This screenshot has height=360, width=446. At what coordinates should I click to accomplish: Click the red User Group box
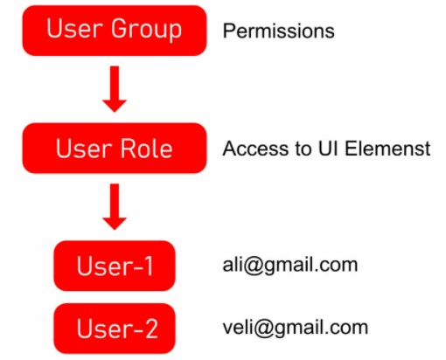115,31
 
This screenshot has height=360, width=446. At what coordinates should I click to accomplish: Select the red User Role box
115,149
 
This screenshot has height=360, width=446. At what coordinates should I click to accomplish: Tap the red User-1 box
115,266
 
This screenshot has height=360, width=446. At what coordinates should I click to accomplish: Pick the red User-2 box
115,329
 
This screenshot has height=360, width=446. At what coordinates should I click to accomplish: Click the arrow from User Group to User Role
115,89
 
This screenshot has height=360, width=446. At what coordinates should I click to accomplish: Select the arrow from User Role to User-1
115,207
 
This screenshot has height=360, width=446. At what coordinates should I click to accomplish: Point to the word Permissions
278,31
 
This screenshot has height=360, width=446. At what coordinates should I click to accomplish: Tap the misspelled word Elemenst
387,149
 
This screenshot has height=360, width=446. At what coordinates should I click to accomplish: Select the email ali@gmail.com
290,266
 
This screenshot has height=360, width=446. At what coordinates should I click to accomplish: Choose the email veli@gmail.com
296,328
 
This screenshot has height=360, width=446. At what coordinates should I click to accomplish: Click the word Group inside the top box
146,29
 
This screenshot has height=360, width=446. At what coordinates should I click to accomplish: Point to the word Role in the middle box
146,149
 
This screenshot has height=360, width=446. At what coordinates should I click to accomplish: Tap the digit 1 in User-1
149,266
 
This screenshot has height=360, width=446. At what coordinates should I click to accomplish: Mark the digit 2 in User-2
151,329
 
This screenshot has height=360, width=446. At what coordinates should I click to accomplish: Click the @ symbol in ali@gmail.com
254,266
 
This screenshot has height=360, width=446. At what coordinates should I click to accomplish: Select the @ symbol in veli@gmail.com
264,329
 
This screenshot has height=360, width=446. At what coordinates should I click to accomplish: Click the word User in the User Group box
74,29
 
